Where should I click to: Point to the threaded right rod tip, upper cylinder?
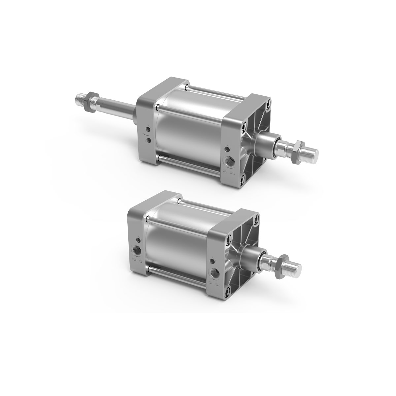point(313,152)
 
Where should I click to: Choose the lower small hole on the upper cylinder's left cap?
point(148,141)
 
